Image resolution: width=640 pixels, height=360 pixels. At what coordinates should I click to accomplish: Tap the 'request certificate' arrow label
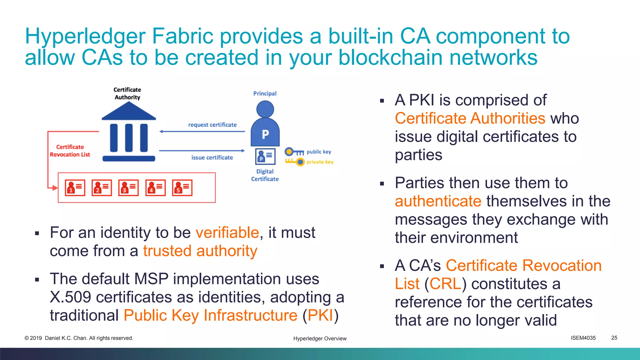212,125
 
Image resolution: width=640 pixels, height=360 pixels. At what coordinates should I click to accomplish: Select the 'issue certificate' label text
212,157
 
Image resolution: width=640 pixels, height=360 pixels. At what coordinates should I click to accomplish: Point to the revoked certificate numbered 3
128,187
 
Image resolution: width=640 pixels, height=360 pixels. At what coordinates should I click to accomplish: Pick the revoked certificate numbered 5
182,187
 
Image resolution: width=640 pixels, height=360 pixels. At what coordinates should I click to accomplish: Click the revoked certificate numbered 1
75,187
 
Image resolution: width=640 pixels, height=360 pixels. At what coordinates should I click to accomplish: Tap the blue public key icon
294,152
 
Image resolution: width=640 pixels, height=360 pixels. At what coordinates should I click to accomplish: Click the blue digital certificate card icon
265,156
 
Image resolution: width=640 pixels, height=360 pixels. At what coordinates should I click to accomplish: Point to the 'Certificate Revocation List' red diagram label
70,151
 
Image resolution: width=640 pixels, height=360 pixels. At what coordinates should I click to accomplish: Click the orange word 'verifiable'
227,232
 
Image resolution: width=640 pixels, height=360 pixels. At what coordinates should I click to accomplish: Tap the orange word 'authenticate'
438,201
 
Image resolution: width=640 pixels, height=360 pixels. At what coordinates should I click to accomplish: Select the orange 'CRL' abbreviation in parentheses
445,284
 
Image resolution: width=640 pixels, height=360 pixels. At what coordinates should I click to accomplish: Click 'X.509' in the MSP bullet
70,297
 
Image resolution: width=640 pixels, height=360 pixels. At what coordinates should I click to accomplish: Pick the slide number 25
614,338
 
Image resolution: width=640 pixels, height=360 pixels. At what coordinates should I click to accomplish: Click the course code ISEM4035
583,338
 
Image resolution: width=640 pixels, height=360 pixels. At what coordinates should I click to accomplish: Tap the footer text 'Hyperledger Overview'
320,338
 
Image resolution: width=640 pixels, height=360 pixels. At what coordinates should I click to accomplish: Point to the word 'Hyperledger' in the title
85,36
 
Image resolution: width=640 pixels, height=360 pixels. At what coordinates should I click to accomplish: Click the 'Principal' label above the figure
265,93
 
